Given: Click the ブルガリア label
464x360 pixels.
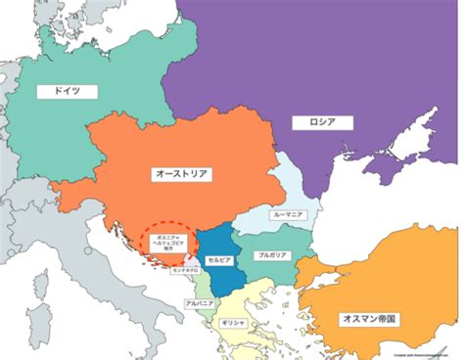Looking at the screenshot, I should (x=274, y=254).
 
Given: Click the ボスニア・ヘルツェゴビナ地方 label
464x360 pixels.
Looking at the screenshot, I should (x=163, y=241).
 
